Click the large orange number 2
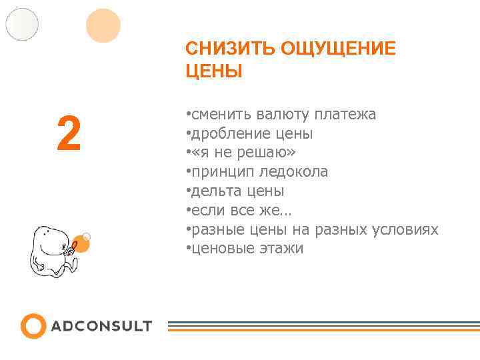point(69,133)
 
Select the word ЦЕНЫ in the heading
point(214,71)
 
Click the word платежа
point(346,115)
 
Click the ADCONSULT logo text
point(101,326)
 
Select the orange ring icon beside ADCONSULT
point(33,325)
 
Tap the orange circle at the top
point(103,26)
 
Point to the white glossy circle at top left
point(22,24)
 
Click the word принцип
point(218,172)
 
